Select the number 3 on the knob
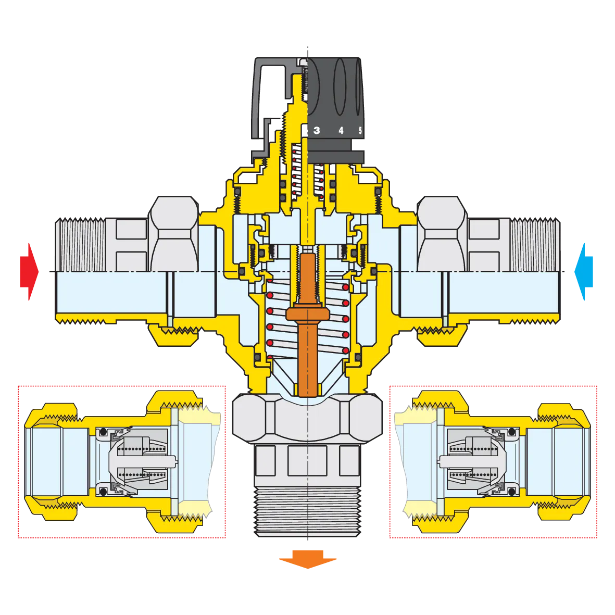pos(317,131)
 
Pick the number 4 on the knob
pos(341,131)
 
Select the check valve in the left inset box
pos(138,461)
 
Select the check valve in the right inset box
pos(476,461)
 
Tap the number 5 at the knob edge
pos(360,131)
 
